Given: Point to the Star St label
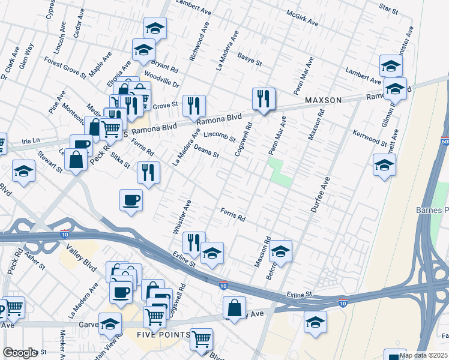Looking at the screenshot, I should click(388, 10).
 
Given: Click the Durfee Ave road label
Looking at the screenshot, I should click(321, 194).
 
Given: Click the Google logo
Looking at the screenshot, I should click(20, 352).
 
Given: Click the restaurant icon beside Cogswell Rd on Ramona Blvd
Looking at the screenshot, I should click(264, 98).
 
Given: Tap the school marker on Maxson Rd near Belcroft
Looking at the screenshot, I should click(280, 251).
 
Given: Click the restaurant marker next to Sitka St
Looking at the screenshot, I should click(148, 172).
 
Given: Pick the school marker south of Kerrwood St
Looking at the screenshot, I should click(384, 165).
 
